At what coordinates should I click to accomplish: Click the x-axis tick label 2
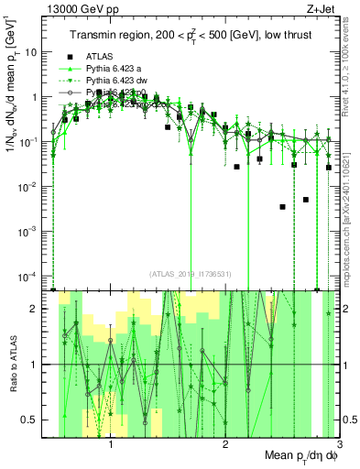225,446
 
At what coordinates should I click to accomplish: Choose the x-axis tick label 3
338,446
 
